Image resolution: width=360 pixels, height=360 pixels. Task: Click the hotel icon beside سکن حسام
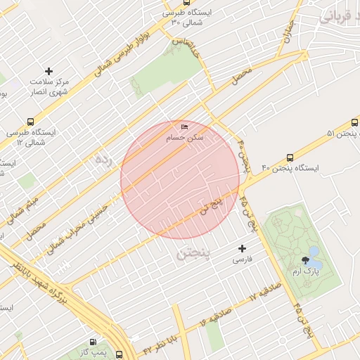tap(185, 127)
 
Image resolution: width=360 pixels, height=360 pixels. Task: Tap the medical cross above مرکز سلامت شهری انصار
tap(49, 71)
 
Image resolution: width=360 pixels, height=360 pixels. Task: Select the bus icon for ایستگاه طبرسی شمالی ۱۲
tap(30, 121)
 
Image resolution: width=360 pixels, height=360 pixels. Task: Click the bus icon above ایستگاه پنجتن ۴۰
tap(290, 158)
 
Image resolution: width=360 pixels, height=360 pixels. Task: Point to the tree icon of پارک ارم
tap(304, 260)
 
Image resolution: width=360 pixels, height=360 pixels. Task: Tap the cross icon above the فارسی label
tap(243, 248)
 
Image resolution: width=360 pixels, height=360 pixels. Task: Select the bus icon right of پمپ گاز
tap(120, 355)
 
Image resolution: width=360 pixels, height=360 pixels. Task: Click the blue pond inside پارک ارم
tap(314, 252)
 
